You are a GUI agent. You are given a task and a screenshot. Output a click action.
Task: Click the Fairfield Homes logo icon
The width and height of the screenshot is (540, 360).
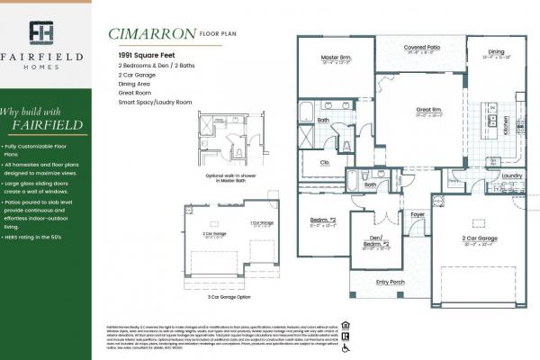point(42,32)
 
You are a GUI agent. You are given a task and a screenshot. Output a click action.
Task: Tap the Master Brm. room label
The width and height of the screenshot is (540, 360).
point(335,58)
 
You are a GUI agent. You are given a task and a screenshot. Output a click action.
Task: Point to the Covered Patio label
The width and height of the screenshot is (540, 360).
point(420,47)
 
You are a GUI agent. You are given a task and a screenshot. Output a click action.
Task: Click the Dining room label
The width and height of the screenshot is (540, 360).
point(496,51)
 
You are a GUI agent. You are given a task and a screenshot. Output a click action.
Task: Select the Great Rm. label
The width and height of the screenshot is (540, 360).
point(427,111)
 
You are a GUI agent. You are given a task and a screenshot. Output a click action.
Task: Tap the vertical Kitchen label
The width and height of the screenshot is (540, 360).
point(505,124)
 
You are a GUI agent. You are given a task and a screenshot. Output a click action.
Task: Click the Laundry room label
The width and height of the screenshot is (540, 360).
point(511,175)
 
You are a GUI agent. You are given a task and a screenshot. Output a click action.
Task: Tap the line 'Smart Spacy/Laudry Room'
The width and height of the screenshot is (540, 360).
point(155,103)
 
